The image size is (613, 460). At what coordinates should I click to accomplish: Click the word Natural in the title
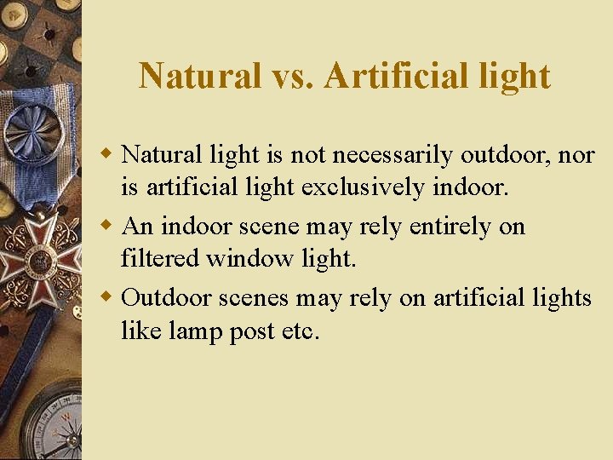(x=200, y=76)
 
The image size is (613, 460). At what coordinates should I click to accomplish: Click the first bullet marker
(x=108, y=154)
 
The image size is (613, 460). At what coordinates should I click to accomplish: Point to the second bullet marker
(x=108, y=226)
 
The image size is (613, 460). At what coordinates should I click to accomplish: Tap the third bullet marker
(x=108, y=297)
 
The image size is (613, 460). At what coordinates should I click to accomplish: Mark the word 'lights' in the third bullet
(x=559, y=298)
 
